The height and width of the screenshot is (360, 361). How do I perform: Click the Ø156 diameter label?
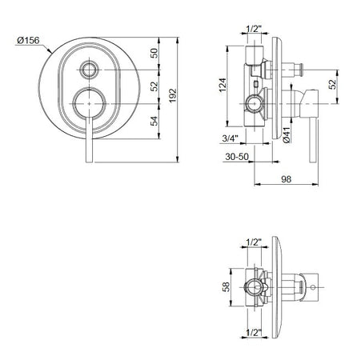tap(28, 41)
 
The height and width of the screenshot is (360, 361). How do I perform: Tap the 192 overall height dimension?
tap(173, 95)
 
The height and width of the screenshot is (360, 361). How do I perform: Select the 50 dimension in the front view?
tap(154, 54)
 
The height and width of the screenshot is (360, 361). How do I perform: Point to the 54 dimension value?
tap(154, 121)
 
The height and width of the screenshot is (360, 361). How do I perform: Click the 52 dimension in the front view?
tap(154, 86)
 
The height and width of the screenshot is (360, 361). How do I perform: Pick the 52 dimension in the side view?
tap(332, 85)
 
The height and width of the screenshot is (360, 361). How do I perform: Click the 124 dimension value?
tap(223, 85)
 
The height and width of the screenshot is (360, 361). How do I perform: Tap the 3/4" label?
tap(231, 138)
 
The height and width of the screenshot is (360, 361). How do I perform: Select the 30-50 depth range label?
tap(237, 157)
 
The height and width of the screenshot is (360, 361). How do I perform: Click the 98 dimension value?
tap(287, 179)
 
